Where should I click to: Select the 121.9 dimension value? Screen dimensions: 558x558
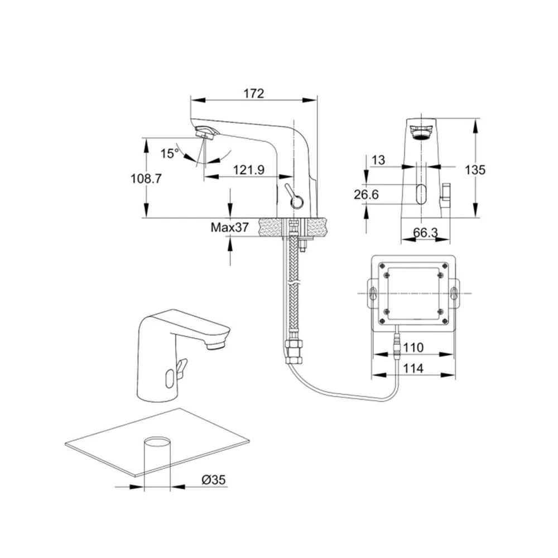[249, 170]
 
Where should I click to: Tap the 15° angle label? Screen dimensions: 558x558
[170, 153]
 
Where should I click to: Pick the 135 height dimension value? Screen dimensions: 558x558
[475, 170]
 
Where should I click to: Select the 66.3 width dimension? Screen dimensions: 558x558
[426, 233]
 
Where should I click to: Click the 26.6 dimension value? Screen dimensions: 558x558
[366, 194]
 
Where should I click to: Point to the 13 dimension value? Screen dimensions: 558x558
[378, 160]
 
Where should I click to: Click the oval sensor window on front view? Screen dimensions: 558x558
[420, 194]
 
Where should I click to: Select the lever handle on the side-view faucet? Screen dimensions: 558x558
[292, 195]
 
